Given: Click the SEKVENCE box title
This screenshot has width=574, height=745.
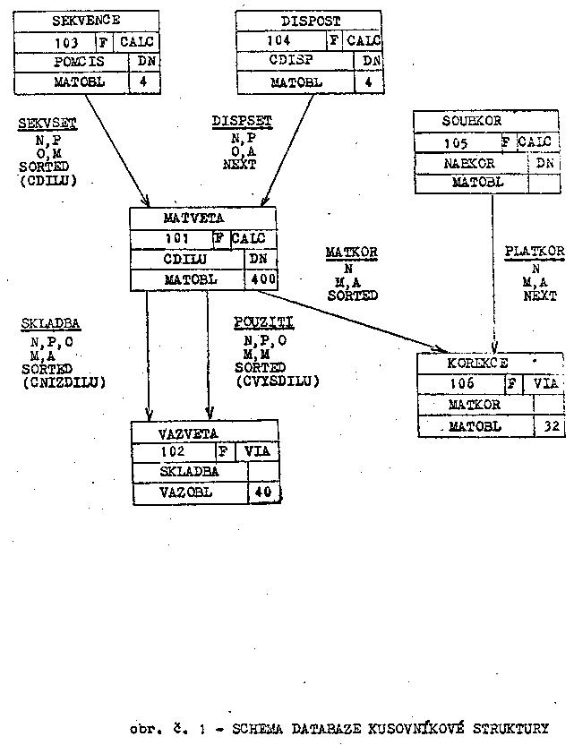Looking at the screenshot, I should point(87,20).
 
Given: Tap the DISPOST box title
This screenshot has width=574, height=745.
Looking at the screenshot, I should point(309,20).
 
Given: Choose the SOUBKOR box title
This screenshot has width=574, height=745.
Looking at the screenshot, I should point(472,120).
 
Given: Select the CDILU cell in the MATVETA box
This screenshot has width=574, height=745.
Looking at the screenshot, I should point(186,260).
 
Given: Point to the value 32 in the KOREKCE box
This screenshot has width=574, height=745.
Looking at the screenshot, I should point(549,427).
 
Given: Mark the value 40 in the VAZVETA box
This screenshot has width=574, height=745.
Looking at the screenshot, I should point(261,492).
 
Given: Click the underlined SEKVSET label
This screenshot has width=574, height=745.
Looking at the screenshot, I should point(47,123).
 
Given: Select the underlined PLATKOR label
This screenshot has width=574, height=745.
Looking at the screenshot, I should point(534,253).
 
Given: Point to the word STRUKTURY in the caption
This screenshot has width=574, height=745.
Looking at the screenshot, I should point(507,728).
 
